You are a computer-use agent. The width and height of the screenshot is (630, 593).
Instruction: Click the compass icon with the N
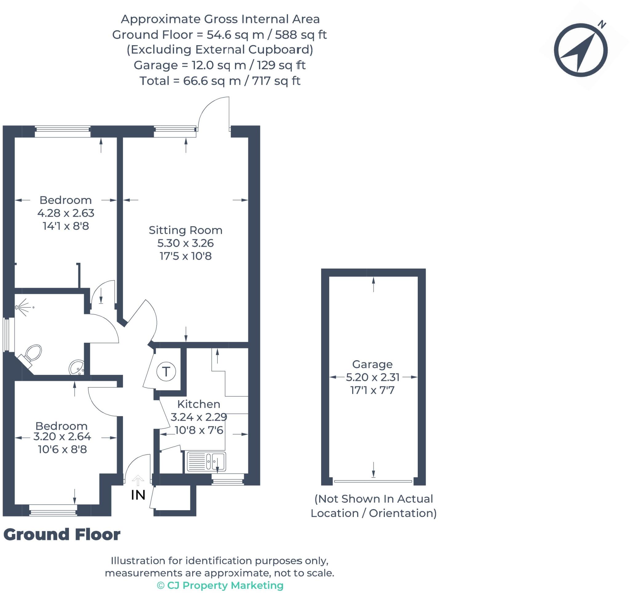click(x=580, y=50)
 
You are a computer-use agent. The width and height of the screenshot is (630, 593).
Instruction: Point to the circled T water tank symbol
click(x=166, y=371)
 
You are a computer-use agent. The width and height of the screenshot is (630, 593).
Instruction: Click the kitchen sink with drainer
click(x=206, y=461)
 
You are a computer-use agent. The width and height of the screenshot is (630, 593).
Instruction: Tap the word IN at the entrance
click(x=138, y=495)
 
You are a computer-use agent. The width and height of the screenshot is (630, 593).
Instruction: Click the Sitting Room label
click(x=185, y=230)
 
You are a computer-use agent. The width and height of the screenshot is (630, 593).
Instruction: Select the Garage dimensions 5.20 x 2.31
click(x=372, y=377)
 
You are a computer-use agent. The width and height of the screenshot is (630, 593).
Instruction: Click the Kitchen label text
click(x=199, y=404)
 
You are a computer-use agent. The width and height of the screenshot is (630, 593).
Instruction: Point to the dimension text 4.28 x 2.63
click(x=66, y=213)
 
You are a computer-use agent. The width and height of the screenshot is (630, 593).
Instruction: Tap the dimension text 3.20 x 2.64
click(x=62, y=436)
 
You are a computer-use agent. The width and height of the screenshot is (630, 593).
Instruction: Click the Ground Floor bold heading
click(x=62, y=534)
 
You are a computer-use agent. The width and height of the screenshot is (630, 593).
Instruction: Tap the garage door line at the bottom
click(x=373, y=481)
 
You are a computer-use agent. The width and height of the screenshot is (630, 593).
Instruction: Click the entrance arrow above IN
click(x=138, y=480)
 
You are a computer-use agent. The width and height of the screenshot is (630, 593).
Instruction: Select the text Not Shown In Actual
click(x=373, y=499)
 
